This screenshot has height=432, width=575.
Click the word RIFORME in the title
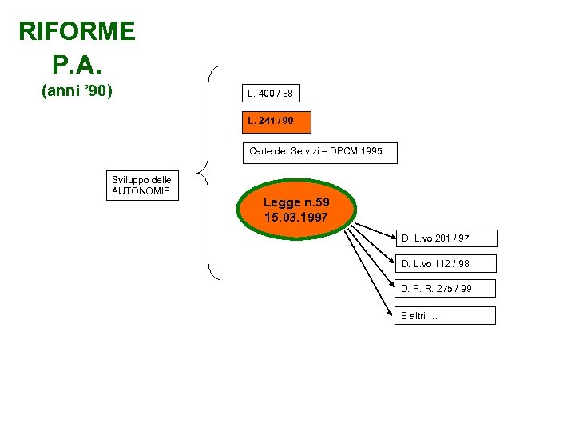[x=77, y=32]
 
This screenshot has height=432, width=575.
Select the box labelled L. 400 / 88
[x=271, y=94]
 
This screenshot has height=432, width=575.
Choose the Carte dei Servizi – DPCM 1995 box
[x=319, y=152]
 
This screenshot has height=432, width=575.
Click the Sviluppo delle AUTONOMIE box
[x=143, y=186]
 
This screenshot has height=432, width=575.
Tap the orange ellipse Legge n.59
[x=295, y=210]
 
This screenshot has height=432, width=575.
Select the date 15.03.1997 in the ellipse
[x=295, y=218]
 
